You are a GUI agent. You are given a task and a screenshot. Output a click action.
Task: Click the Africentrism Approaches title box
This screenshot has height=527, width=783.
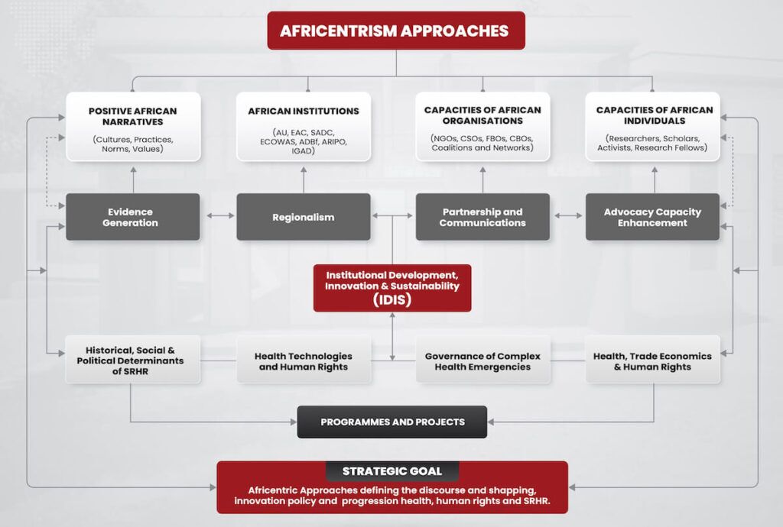pos(396,31)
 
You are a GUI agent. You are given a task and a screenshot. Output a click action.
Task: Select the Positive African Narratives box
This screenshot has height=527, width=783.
pos(133,126)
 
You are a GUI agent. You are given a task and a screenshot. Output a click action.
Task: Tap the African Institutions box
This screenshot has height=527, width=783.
pos(304,126)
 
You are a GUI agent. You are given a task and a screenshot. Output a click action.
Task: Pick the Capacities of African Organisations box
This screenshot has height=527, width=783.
pos(483,126)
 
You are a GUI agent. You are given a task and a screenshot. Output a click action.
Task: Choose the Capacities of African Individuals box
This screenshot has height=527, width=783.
pos(653,126)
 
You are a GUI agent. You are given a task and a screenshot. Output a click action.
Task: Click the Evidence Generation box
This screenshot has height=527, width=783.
pos(133,217)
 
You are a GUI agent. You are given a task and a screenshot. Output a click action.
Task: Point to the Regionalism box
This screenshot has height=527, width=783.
pos(304,217)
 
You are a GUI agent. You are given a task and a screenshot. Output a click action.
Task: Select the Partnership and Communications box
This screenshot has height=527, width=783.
pos(483,217)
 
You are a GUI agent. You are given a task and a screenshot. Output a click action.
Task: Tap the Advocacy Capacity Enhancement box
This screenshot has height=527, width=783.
pos(653,217)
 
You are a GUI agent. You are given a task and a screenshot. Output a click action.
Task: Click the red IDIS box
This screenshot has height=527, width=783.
pos(392,288)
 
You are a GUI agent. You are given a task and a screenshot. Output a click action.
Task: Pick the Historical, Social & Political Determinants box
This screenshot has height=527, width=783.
pos(133,360)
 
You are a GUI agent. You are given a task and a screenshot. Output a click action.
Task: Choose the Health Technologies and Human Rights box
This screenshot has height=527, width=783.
pos(304,360)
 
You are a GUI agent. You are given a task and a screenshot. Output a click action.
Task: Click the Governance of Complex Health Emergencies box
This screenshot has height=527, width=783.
pos(483,360)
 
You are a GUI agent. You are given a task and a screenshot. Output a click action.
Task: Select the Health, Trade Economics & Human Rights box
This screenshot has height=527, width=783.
pos(653,360)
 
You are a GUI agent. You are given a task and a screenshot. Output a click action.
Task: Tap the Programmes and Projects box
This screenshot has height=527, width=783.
pos(392,422)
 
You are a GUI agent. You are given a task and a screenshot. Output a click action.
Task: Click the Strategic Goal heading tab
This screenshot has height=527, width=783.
pos(392,471)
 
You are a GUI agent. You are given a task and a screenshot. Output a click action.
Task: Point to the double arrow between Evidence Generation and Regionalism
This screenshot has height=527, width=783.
pos(220,215)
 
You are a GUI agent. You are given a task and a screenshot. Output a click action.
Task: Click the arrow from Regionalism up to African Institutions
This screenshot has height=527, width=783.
pos(304,180)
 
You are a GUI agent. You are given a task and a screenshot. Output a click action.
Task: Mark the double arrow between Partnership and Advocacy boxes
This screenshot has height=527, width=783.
pos(568,215)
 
